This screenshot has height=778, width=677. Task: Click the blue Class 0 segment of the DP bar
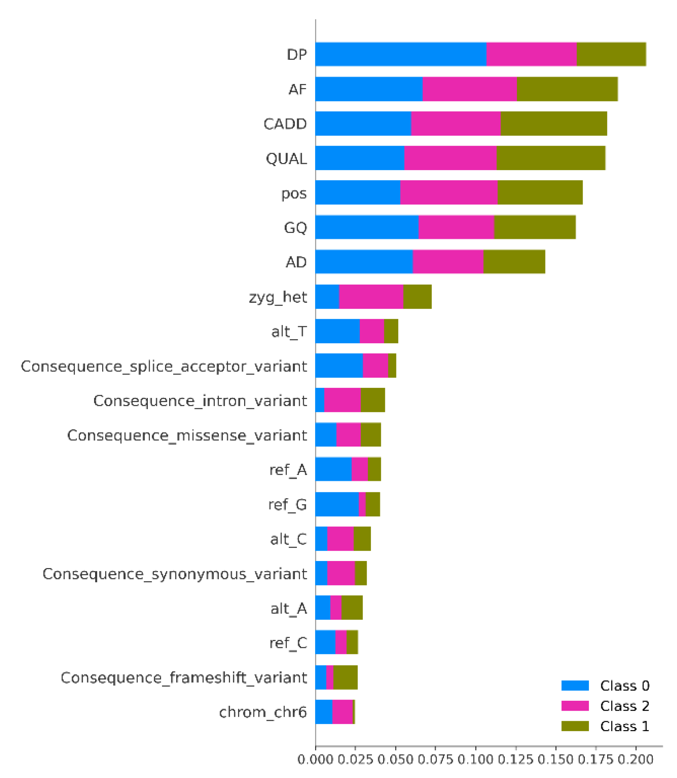(401, 54)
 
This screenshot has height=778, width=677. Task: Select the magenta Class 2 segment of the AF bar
(469, 89)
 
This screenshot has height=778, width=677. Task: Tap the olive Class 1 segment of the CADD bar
(554, 123)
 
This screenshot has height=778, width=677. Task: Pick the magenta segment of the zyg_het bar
(370, 296)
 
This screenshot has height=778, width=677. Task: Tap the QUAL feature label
(286, 158)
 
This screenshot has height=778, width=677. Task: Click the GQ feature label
(295, 227)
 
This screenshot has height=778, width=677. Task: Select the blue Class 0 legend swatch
(575, 685)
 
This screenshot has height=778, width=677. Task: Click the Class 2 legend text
(625, 706)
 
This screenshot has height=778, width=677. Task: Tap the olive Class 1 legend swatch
(575, 726)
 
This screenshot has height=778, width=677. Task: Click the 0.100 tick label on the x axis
(475, 759)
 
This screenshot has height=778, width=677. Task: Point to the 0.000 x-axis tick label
(315, 759)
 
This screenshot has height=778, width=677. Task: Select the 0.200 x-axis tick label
(635, 759)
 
